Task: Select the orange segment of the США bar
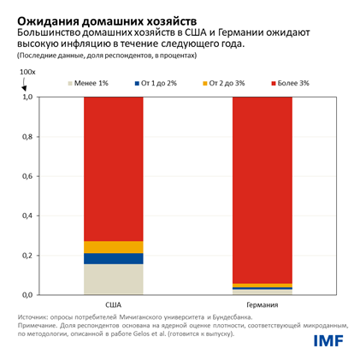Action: point(113,247)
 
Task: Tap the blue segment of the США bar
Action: point(113,258)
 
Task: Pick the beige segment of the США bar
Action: point(113,279)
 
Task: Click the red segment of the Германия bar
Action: point(262,189)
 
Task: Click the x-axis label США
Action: point(113,304)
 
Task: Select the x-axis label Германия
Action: point(262,304)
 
